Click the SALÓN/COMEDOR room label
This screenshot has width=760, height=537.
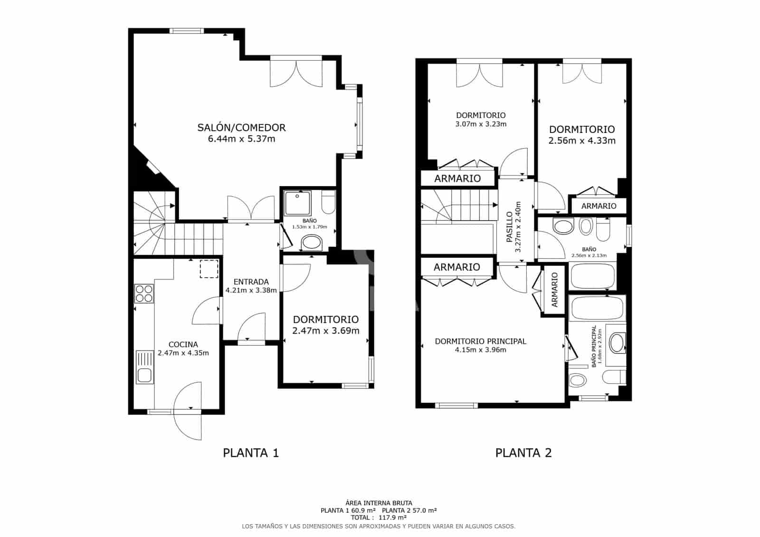241,128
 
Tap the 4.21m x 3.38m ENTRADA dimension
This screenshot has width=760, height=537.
251,291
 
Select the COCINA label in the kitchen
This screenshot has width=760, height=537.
183,345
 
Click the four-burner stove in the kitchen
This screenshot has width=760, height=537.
144,294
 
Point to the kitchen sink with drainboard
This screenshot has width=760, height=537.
144,367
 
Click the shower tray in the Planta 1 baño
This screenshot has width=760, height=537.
297,203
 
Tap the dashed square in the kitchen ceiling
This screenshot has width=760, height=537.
209,269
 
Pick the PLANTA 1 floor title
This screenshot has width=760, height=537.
251,453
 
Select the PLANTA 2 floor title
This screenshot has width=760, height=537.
523,453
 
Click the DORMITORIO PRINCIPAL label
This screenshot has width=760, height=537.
480,341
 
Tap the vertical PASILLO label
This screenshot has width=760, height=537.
509,227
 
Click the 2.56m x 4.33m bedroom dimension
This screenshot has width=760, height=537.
582,141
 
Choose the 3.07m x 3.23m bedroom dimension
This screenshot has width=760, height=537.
481,124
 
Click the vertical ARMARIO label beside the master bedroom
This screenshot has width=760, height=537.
554,290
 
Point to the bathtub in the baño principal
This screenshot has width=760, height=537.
598,308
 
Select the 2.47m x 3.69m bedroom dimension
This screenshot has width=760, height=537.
326,331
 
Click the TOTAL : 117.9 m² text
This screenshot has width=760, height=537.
379,518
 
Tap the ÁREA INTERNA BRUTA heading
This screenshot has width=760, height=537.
379,503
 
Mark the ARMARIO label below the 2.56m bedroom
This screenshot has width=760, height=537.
599,206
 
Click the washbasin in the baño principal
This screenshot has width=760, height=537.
617,343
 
